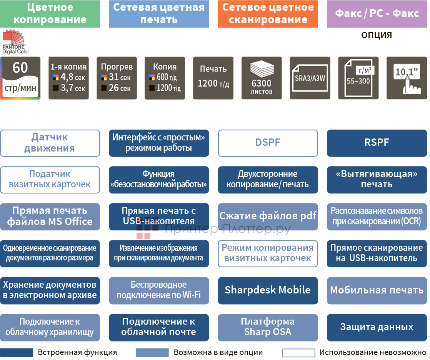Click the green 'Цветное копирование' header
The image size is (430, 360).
pyautogui.click(x=50, y=14)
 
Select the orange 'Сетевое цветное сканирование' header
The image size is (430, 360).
pyautogui.click(x=268, y=14)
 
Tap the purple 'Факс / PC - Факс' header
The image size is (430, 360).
pyautogui.click(x=377, y=14)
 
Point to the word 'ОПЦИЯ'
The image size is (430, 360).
pyautogui.click(x=377, y=35)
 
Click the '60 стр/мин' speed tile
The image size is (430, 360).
pyautogui.click(x=20, y=78)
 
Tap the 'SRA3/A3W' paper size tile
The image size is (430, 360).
pyautogui.click(x=310, y=78)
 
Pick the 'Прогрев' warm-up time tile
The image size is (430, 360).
pyautogui.click(x=117, y=78)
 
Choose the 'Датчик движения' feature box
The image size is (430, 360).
pyautogui.click(x=50, y=143)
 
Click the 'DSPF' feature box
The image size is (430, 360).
pyautogui.click(x=268, y=143)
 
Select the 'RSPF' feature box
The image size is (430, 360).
pyautogui.click(x=377, y=143)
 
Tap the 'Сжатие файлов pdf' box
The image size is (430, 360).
pyautogui.click(x=268, y=217)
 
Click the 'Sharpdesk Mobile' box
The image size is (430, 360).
pyautogui.click(x=268, y=290)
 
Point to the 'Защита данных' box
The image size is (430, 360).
pyautogui.click(x=377, y=327)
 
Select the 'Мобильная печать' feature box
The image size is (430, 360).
pyautogui.click(x=377, y=290)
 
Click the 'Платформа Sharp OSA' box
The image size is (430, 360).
pyautogui.click(x=268, y=327)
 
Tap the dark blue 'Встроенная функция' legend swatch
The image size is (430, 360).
pyautogui.click(x=17, y=353)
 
